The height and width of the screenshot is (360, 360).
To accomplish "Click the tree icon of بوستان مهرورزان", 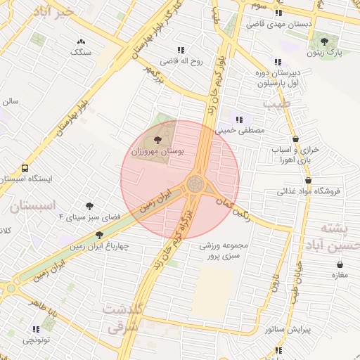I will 157,141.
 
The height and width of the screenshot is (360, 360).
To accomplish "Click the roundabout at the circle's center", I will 195,185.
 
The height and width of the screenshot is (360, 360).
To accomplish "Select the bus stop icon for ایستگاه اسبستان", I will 25,169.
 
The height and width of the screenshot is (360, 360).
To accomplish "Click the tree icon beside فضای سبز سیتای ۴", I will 89,206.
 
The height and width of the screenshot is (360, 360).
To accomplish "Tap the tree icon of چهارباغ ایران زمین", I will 99,235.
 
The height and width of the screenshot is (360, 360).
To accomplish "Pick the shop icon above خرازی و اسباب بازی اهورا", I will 295,139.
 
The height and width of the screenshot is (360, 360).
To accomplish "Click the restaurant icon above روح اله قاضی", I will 181,50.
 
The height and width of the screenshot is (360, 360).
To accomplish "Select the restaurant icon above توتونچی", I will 36,328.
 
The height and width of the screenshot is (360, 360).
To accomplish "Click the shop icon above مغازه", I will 340,264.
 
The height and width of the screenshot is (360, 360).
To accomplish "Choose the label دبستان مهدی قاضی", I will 279,24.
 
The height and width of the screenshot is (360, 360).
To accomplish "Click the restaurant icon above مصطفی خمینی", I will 239,120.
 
